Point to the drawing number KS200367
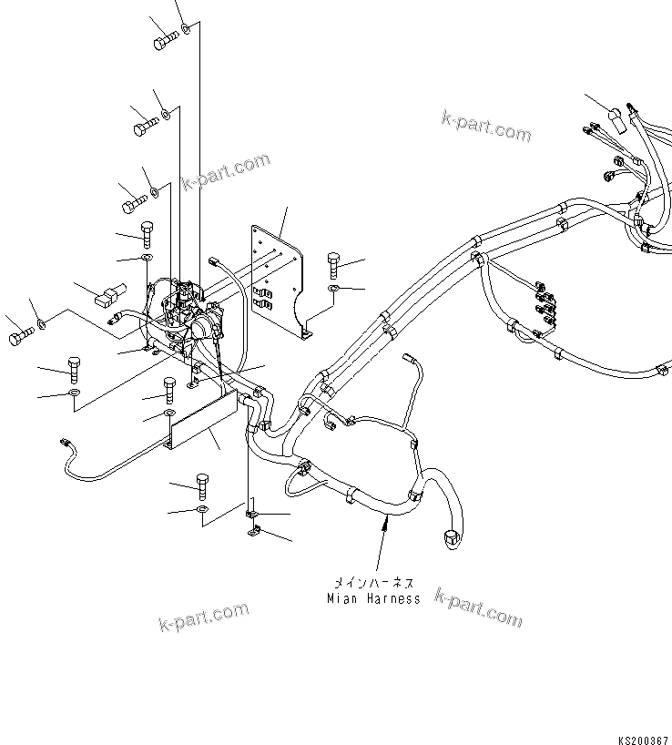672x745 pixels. pyautogui.click(x=643, y=735)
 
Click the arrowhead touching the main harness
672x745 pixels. pyautogui.click(x=383, y=521)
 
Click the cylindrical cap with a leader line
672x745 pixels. pyautogui.click(x=617, y=120)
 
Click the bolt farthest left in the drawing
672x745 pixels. pyautogui.click(x=20, y=339)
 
